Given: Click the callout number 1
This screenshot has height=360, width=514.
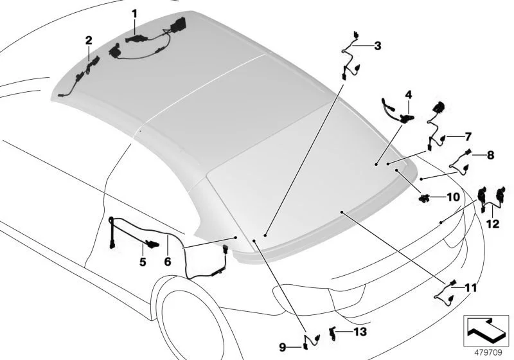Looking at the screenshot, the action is click(x=135, y=12).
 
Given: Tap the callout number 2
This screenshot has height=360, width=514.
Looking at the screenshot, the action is click(x=89, y=40).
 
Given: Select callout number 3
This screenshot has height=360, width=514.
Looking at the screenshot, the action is click(x=377, y=46).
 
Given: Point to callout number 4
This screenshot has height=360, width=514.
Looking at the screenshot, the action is click(x=407, y=94).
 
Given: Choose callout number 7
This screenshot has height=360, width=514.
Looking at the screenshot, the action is click(x=468, y=136).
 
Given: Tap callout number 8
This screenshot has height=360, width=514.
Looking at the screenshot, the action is click(x=490, y=155).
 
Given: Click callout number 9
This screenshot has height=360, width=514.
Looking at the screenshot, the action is click(x=282, y=347).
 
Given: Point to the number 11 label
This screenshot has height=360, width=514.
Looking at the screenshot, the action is click(x=471, y=287).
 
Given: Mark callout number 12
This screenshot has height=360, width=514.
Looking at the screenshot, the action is click(x=492, y=224).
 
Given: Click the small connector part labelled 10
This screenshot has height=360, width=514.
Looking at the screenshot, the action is click(x=425, y=198).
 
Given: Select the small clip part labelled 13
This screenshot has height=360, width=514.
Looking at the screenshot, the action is click(x=333, y=332).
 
